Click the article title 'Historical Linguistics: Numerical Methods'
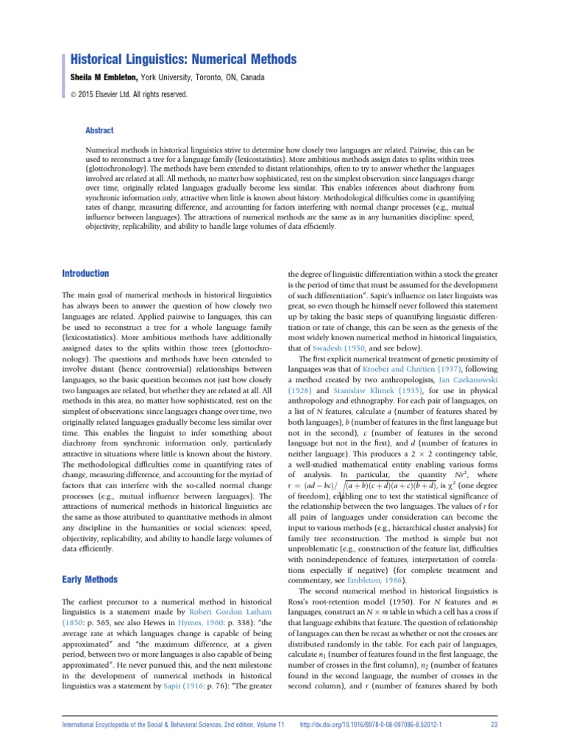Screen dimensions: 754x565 183,59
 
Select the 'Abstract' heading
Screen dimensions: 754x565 100,130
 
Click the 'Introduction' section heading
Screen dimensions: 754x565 85,273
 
